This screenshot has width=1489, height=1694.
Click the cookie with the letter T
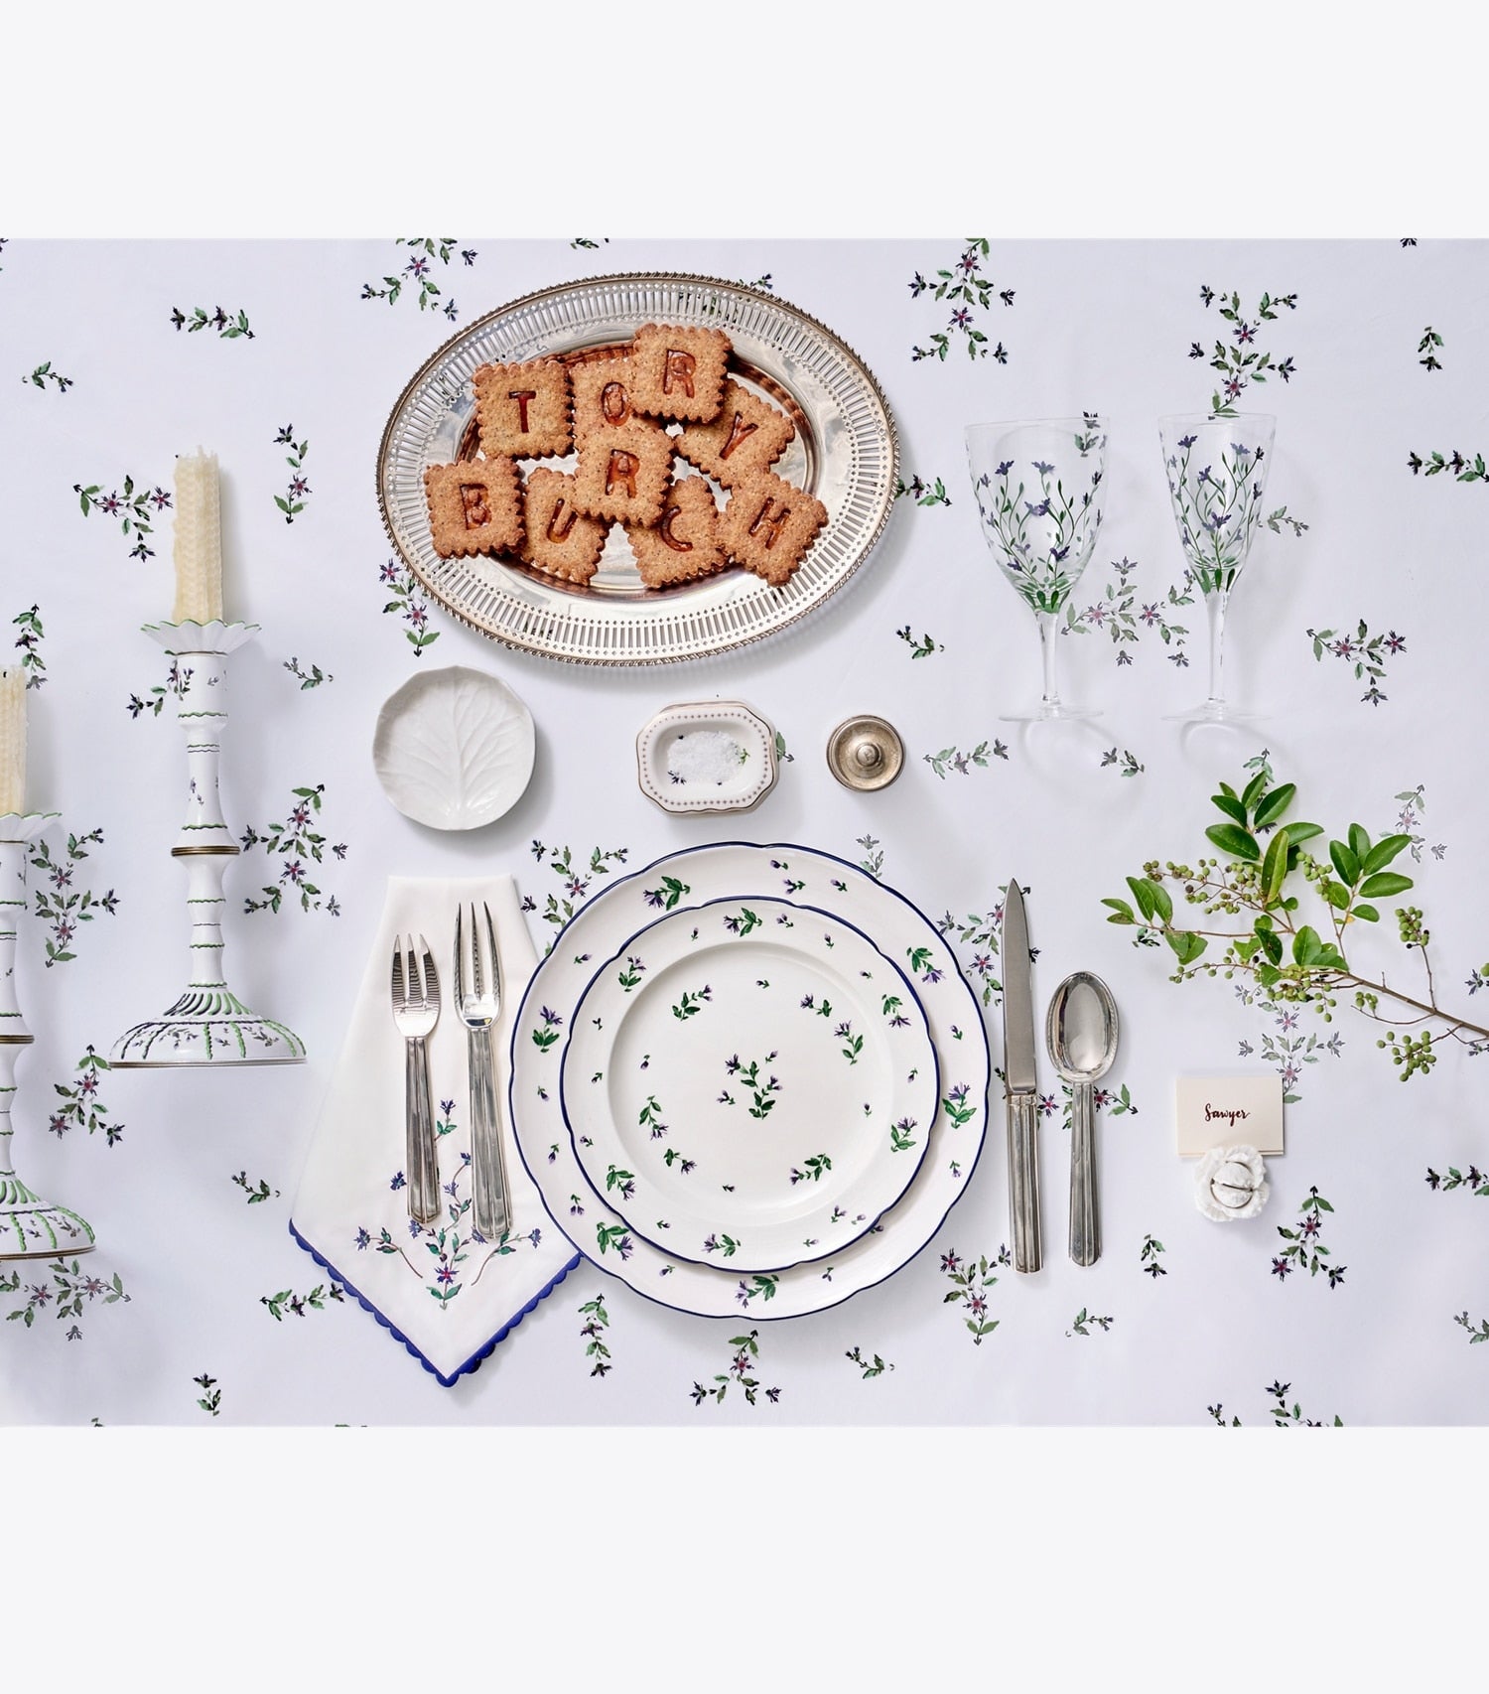click(x=523, y=407)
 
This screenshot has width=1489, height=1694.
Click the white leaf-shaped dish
click(x=454, y=747)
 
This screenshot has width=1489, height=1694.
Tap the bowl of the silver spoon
click(x=1083, y=1026)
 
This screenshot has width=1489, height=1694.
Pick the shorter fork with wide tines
click(x=417, y=1076)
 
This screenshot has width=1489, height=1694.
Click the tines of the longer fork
click(x=478, y=963)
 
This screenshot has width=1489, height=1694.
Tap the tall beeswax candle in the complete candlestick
click(x=199, y=536)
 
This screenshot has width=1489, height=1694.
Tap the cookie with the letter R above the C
click(x=680, y=373)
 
